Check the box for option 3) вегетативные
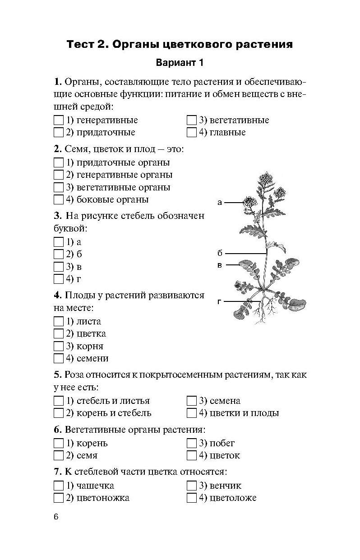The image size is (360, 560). (191, 120)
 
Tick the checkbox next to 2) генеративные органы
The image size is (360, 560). (58, 175)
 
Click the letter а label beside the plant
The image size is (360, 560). (220, 203)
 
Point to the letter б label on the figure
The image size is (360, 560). (220, 253)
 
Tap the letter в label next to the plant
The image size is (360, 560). (220, 265)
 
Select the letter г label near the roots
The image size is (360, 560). (219, 301)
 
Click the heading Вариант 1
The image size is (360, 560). (180, 63)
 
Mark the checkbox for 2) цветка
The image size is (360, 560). (58, 334)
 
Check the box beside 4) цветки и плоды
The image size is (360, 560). (191, 413)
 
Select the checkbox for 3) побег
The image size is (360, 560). (191, 443)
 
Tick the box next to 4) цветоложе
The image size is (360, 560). (191, 498)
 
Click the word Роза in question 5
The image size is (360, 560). (74, 375)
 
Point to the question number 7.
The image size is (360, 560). (57, 472)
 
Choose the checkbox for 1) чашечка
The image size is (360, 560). (58, 486)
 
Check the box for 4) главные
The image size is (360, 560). (191, 133)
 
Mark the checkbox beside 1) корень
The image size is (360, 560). (58, 443)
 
